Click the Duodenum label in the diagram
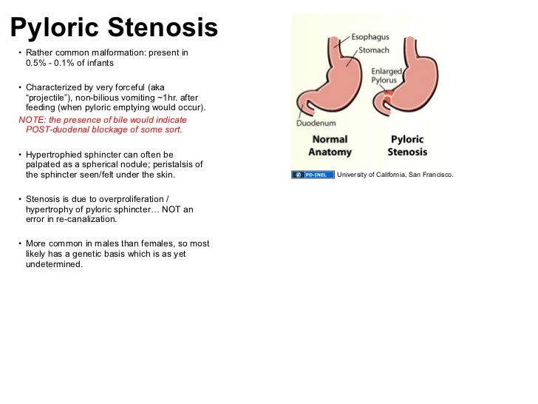[316, 124]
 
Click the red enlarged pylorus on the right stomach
[389, 97]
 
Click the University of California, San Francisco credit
[394, 175]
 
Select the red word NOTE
[30, 120]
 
